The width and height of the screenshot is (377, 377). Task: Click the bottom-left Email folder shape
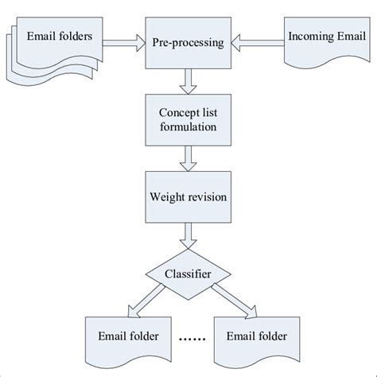(x=121, y=338)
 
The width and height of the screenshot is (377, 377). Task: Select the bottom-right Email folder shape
(x=258, y=338)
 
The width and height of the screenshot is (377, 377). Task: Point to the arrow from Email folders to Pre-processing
(x=121, y=38)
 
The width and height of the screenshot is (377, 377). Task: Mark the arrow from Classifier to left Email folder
(x=144, y=301)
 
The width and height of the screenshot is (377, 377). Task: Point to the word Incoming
(x=305, y=37)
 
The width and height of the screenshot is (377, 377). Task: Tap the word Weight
(x=165, y=195)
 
